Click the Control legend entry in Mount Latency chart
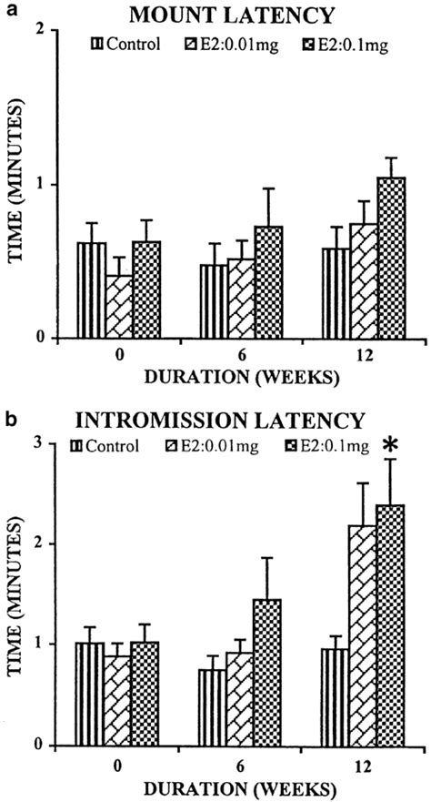pos(126,42)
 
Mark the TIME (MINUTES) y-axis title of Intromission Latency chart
pos(15,595)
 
